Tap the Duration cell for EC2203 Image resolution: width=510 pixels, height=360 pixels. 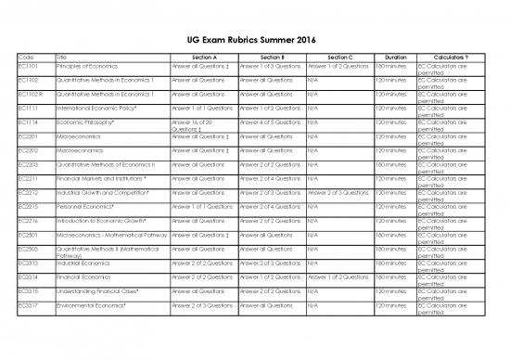[389, 165]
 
